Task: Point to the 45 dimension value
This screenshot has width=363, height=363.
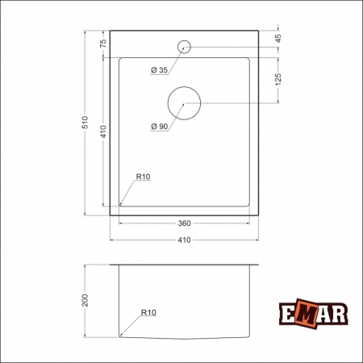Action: pyautogui.click(x=278, y=38)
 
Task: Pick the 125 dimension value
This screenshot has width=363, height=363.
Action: pyautogui.click(x=278, y=80)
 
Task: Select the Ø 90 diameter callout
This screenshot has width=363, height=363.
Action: pyautogui.click(x=159, y=127)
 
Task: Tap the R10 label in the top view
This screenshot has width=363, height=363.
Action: pyautogui.click(x=144, y=177)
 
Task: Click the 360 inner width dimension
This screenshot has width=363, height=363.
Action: pyautogui.click(x=185, y=223)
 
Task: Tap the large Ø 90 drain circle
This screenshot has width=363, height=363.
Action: pyautogui.click(x=185, y=103)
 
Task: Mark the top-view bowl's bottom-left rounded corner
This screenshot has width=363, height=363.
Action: pyautogui.click(x=121, y=205)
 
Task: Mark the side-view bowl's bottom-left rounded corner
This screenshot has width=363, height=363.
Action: pyautogui.click(x=121, y=334)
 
